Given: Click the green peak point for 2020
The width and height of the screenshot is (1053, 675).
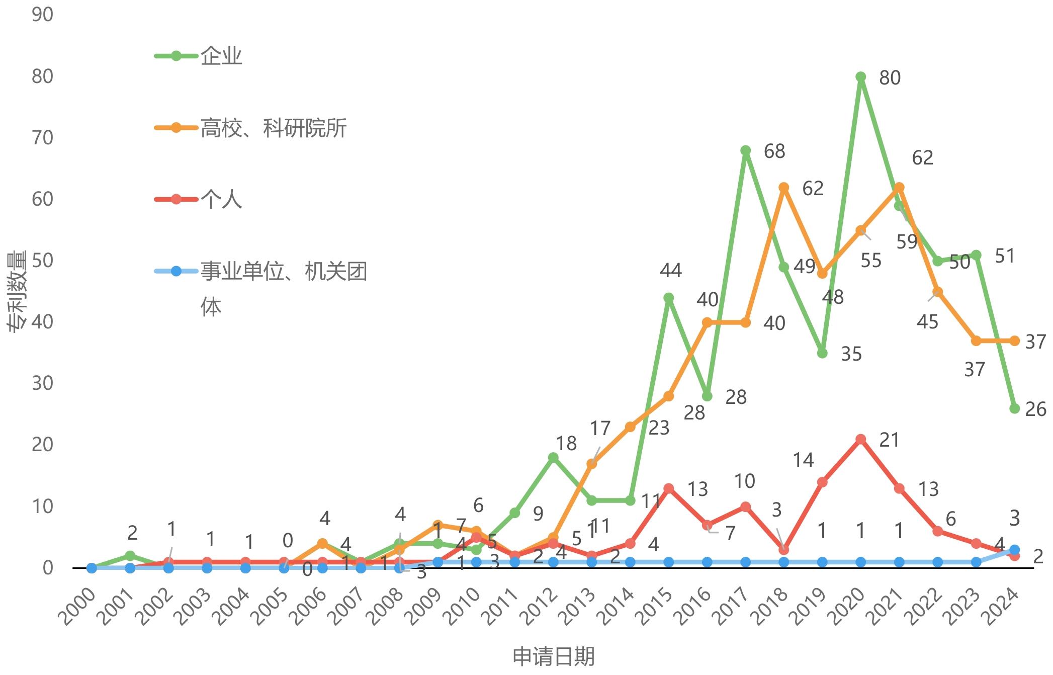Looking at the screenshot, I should (x=861, y=77).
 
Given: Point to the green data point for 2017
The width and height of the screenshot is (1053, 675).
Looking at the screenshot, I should (x=746, y=151).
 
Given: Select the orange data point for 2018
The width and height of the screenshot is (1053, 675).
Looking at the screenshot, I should (x=784, y=188).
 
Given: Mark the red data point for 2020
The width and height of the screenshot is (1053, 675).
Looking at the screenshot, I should (x=861, y=439).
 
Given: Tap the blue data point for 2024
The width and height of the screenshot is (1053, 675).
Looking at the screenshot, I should (x=1015, y=550).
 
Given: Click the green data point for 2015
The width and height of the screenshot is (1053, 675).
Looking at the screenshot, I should (x=669, y=298).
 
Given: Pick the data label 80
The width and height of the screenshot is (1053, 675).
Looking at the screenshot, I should (x=890, y=78).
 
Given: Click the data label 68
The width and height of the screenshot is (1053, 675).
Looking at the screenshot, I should (x=774, y=151).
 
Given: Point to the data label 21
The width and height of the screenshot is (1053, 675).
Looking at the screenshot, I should (x=889, y=440).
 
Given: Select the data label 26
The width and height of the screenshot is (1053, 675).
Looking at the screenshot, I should (x=1035, y=409).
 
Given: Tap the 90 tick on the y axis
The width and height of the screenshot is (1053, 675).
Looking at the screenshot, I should (x=42, y=15).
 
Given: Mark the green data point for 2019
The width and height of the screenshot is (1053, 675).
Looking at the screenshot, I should (x=823, y=353).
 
